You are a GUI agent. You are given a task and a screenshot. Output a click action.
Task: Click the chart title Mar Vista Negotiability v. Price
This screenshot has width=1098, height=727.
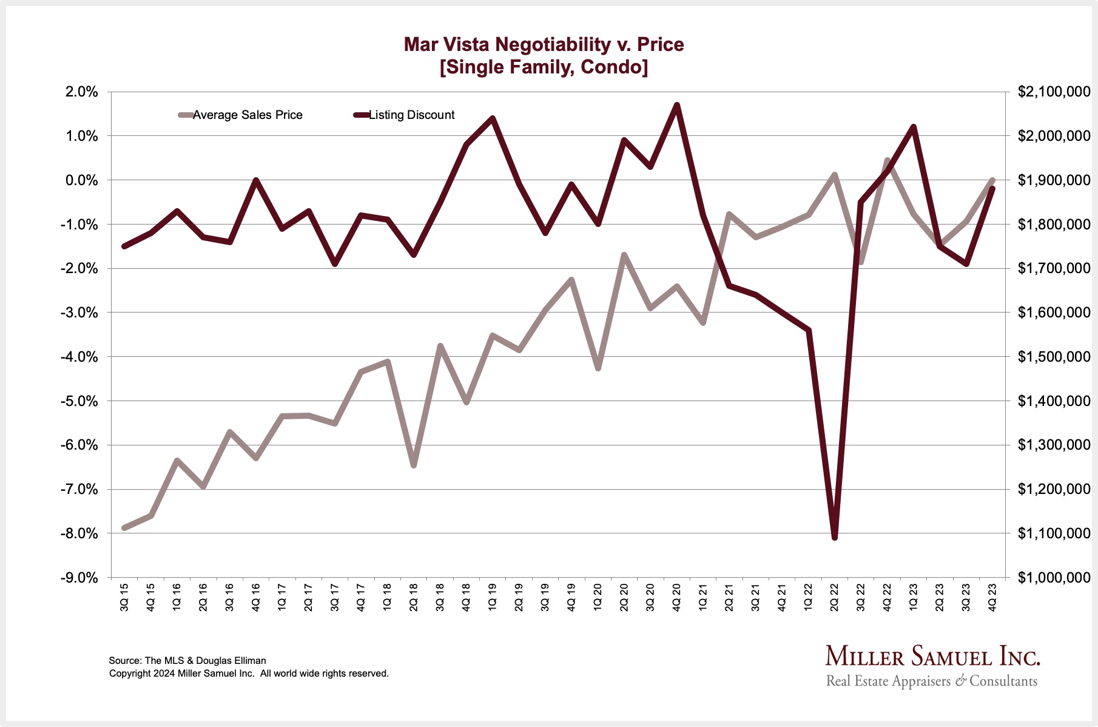coord(544,44)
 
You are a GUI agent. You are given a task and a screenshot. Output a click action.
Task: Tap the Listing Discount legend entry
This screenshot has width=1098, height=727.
coord(411,115)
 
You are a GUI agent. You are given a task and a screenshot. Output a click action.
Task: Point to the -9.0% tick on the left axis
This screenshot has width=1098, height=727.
coord(79,578)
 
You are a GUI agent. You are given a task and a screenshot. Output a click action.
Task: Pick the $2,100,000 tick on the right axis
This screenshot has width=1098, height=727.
coord(1054,92)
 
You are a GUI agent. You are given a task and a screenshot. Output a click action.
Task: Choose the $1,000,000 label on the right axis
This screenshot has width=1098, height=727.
coord(1054,578)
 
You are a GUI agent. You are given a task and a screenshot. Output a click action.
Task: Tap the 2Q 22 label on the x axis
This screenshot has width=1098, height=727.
coord(835,597)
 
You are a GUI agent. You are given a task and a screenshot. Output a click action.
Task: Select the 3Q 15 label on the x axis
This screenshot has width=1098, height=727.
coord(124,597)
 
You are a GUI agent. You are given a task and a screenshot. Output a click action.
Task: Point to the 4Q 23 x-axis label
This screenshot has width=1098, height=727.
coord(993,597)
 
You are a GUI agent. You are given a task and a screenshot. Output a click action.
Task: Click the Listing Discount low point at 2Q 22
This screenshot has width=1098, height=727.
coord(835,537)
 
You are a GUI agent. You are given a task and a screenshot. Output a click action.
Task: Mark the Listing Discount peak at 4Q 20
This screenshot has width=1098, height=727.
coord(677,105)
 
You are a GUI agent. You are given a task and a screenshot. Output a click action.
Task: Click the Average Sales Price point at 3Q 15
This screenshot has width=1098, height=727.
coord(124,528)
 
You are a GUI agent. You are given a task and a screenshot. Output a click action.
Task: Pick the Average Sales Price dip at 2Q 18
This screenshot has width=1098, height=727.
coord(414,465)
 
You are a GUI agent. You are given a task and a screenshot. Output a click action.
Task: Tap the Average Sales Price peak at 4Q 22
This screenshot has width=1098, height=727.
coord(887,161)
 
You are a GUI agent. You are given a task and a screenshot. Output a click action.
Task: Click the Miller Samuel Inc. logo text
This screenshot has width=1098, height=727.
coord(932,657)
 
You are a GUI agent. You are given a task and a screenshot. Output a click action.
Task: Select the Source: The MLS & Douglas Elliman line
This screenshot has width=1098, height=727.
coord(187,660)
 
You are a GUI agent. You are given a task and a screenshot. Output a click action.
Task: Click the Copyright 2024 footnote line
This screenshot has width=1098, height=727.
coord(249,673)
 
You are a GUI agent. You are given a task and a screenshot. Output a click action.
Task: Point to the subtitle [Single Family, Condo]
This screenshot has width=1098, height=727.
coord(544,67)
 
